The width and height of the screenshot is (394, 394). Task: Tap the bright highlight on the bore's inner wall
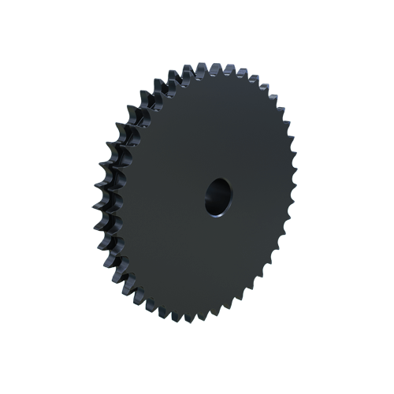pyautogui.click(x=225, y=191)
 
